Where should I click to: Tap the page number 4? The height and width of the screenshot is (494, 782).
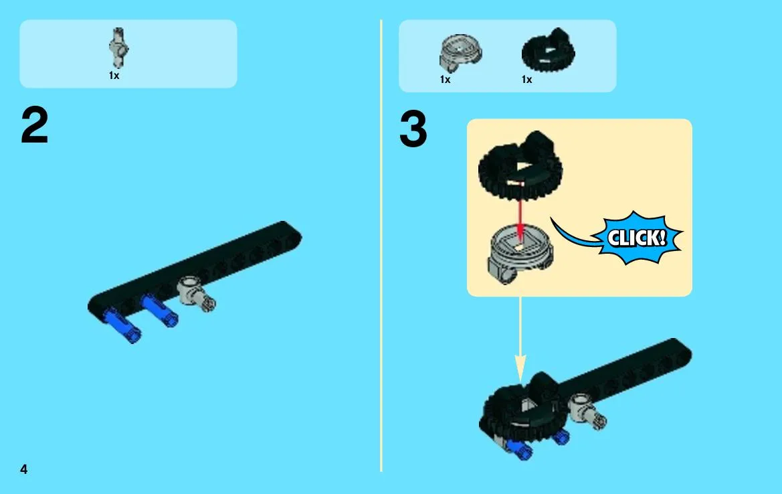23,469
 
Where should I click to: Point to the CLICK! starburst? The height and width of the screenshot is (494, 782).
636,238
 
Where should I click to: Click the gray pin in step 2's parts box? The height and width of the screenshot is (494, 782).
118,48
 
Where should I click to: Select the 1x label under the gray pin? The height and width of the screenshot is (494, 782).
114,76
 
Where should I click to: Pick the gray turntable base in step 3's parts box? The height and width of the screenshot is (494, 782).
460,53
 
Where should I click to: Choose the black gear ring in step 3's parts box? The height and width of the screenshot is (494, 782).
549,50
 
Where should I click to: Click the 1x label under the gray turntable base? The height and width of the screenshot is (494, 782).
446,80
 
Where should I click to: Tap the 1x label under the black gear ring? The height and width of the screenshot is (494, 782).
527,80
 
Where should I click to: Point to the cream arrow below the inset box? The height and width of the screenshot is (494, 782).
520,339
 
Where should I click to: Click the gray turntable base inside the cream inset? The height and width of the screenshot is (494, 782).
520,256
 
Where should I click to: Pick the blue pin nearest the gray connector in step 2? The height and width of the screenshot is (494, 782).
159,310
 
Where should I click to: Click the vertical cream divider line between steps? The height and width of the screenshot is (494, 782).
381,246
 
